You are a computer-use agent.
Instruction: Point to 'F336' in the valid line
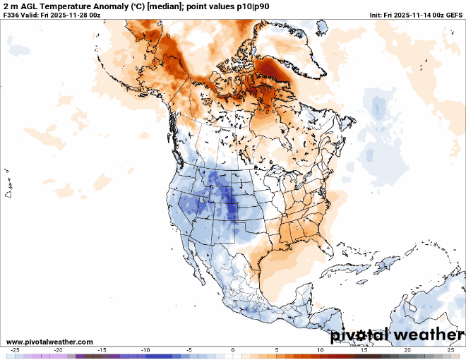tap(11, 15)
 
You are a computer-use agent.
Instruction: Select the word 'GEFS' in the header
tap(454, 15)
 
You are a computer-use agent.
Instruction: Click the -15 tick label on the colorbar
tap(102, 350)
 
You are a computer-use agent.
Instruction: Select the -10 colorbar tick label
tap(145, 350)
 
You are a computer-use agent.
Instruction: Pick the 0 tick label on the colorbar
tap(233, 350)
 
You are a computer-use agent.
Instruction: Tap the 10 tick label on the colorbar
tap(320, 350)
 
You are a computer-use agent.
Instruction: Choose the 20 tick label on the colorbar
tap(407, 350)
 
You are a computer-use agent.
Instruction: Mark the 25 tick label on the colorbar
tap(450, 350)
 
